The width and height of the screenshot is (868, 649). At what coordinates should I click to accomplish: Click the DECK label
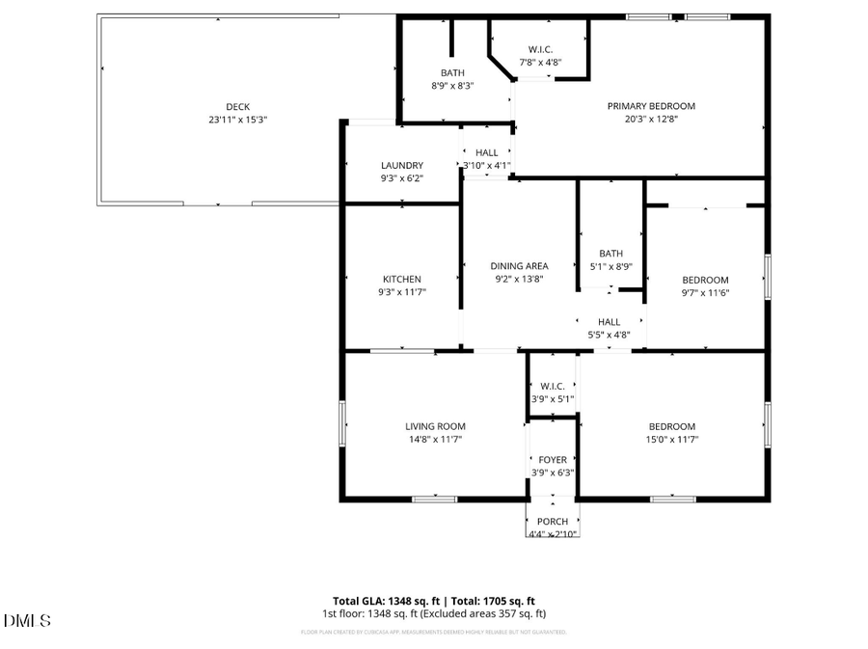click(x=237, y=106)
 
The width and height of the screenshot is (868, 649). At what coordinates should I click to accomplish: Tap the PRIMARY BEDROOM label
click(x=650, y=106)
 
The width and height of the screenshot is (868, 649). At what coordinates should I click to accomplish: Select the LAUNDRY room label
click(x=401, y=165)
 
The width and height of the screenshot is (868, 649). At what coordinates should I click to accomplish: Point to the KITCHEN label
click(x=401, y=279)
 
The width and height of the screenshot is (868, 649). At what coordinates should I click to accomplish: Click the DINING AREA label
click(x=519, y=266)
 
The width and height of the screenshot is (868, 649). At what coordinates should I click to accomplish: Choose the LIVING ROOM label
click(x=435, y=426)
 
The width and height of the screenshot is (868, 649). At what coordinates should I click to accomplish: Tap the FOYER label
click(x=553, y=460)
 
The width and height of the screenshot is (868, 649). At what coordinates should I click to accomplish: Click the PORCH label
click(x=553, y=522)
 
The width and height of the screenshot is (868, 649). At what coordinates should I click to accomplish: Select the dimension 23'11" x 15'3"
click(x=237, y=120)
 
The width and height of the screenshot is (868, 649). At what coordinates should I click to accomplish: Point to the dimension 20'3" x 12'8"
click(x=650, y=120)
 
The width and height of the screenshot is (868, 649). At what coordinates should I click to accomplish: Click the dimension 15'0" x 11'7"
click(x=671, y=439)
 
